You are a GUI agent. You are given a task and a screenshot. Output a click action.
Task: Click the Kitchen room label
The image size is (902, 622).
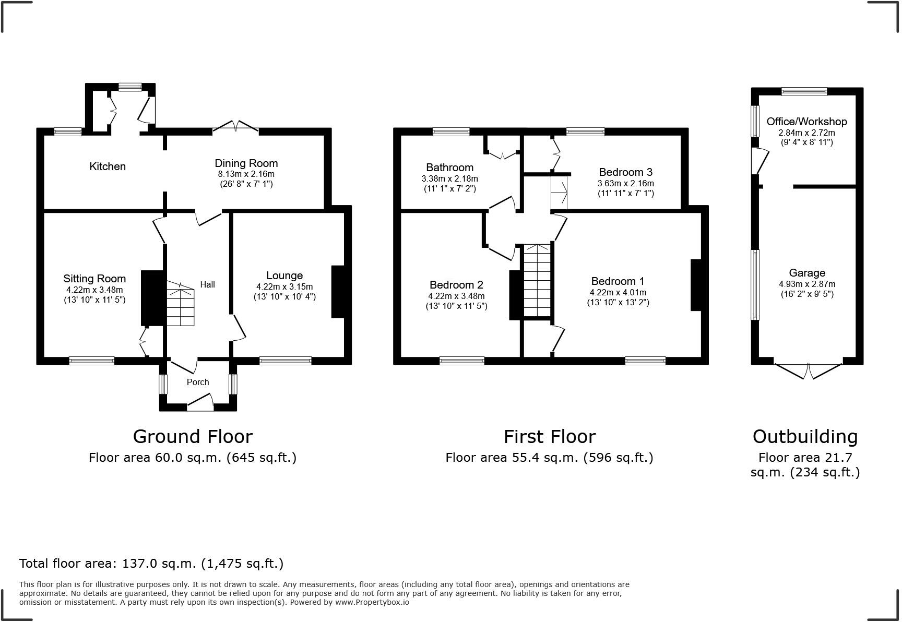pyautogui.click(x=108, y=166)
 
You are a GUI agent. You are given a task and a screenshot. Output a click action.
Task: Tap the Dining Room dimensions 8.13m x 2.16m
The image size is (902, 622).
pyautogui.click(x=246, y=174)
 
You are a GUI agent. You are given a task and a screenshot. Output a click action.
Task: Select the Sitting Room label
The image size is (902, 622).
pyautogui.click(x=94, y=279)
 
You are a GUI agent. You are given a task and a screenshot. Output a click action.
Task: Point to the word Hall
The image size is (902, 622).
pyautogui.click(x=208, y=284)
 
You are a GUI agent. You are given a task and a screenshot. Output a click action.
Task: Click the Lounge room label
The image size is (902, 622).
pyautogui.click(x=284, y=276)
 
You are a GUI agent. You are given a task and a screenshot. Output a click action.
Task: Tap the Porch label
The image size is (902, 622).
pyautogui.click(x=198, y=382)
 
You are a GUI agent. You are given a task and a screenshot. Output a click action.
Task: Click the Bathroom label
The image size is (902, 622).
pyautogui.click(x=450, y=168)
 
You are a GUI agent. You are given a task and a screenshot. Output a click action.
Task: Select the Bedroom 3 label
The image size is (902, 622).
pyautogui.click(x=626, y=172)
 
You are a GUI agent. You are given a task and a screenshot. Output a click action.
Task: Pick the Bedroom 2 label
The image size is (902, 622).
pyautogui.click(x=456, y=285)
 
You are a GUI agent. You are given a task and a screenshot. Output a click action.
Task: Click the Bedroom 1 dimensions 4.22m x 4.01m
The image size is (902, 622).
pyautogui.click(x=618, y=293)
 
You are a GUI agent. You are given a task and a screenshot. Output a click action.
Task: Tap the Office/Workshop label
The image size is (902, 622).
pyautogui.click(x=807, y=122)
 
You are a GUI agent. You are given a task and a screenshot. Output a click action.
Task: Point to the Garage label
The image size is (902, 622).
pyautogui.click(x=807, y=273)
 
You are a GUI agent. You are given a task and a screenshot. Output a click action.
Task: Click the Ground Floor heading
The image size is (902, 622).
pyautogui.click(x=193, y=436)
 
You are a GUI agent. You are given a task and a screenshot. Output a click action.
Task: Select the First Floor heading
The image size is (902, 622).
pyautogui.click(x=550, y=436)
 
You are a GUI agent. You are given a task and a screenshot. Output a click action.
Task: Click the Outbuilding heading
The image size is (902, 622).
pyautogui.click(x=805, y=437)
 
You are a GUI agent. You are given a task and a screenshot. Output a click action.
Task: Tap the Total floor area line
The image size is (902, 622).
pyautogui.click(x=151, y=564)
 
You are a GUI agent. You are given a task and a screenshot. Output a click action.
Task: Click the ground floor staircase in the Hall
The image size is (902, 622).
pyautogui.click(x=181, y=304)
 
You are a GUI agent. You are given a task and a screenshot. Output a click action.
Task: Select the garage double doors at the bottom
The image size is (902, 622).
pyautogui.click(x=808, y=371)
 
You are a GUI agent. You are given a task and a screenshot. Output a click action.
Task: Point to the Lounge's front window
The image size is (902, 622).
pyautogui.click(x=286, y=361)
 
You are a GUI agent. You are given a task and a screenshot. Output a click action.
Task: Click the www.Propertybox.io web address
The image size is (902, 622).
pyautogui.click(x=372, y=602)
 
